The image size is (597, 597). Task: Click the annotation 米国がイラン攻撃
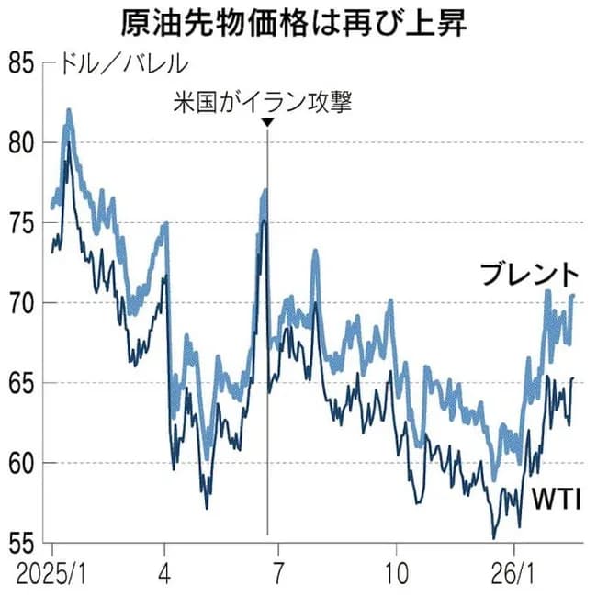[x=266, y=100]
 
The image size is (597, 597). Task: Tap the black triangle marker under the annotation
[x=266, y=122]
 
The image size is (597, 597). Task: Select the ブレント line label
[x=530, y=274]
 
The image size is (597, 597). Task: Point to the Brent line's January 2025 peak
[x=69, y=111]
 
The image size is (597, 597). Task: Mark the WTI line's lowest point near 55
[x=494, y=537]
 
